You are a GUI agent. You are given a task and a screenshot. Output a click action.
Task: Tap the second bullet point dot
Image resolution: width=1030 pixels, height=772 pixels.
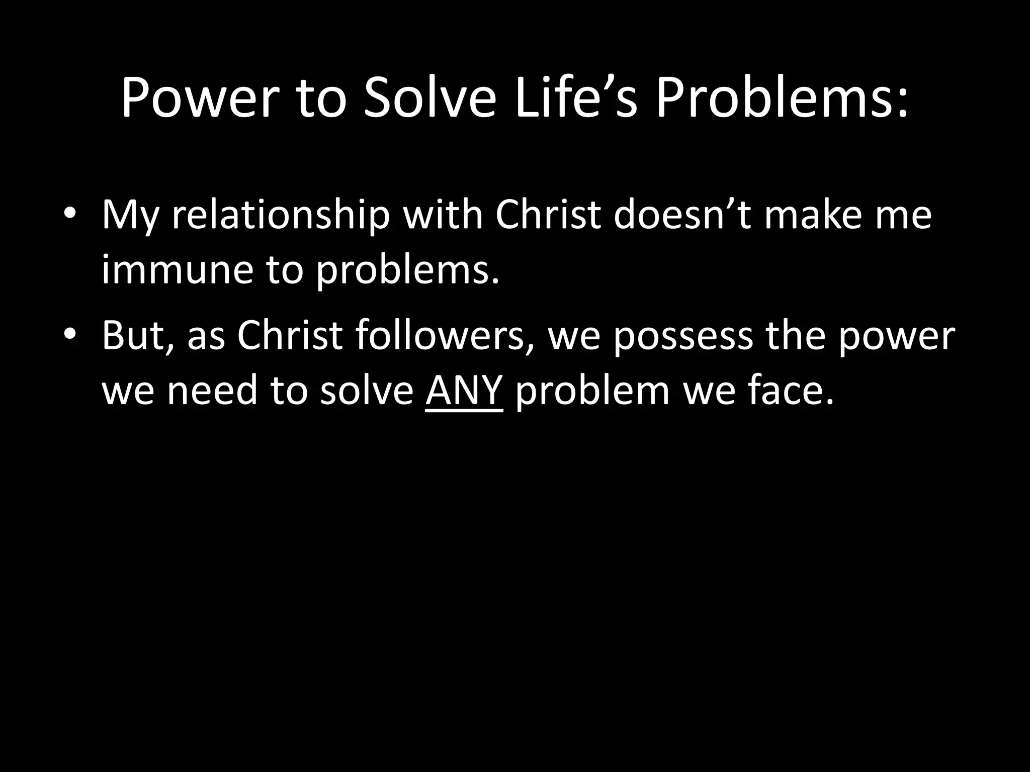pyautogui.click(x=70, y=334)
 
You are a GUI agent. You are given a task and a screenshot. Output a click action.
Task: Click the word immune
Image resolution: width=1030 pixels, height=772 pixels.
pyautogui.click(x=177, y=270)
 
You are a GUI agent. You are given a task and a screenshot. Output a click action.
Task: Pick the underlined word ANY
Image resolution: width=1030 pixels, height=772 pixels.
pyautogui.click(x=464, y=391)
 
